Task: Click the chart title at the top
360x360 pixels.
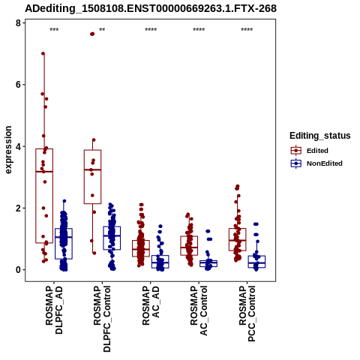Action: pyautogui.click(x=151, y=8)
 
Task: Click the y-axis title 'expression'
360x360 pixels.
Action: pyautogui.click(x=8, y=150)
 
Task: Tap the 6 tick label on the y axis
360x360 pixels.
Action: pyautogui.click(x=18, y=85)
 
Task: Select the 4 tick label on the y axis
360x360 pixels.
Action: pyautogui.click(x=18, y=146)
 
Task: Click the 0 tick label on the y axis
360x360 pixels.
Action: pyautogui.click(x=18, y=270)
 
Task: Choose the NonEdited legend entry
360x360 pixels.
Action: pyautogui.click(x=316, y=163)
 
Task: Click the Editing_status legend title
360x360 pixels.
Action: pyautogui.click(x=320, y=136)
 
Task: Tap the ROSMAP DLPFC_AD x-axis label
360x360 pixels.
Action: pyautogui.click(x=54, y=310)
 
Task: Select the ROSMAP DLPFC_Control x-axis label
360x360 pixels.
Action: pyautogui.click(x=102, y=319)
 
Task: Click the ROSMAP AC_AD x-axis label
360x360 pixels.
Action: pyautogui.click(x=151, y=305)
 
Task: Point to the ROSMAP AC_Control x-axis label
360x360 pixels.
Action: pyautogui.click(x=199, y=310)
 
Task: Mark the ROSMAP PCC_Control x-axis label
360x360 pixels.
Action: pyautogui.click(x=247, y=313)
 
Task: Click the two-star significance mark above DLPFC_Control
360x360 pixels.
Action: pyautogui.click(x=102, y=30)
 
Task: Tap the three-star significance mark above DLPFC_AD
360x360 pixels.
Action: pyautogui.click(x=54, y=30)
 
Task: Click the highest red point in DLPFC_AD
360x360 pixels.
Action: pyautogui.click(x=43, y=53)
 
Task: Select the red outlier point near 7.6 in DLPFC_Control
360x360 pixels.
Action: pyautogui.click(x=92, y=34)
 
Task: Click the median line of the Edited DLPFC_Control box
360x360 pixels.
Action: pyautogui.click(x=92, y=169)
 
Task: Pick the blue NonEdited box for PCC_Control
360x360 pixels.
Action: pyautogui.click(x=256, y=262)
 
